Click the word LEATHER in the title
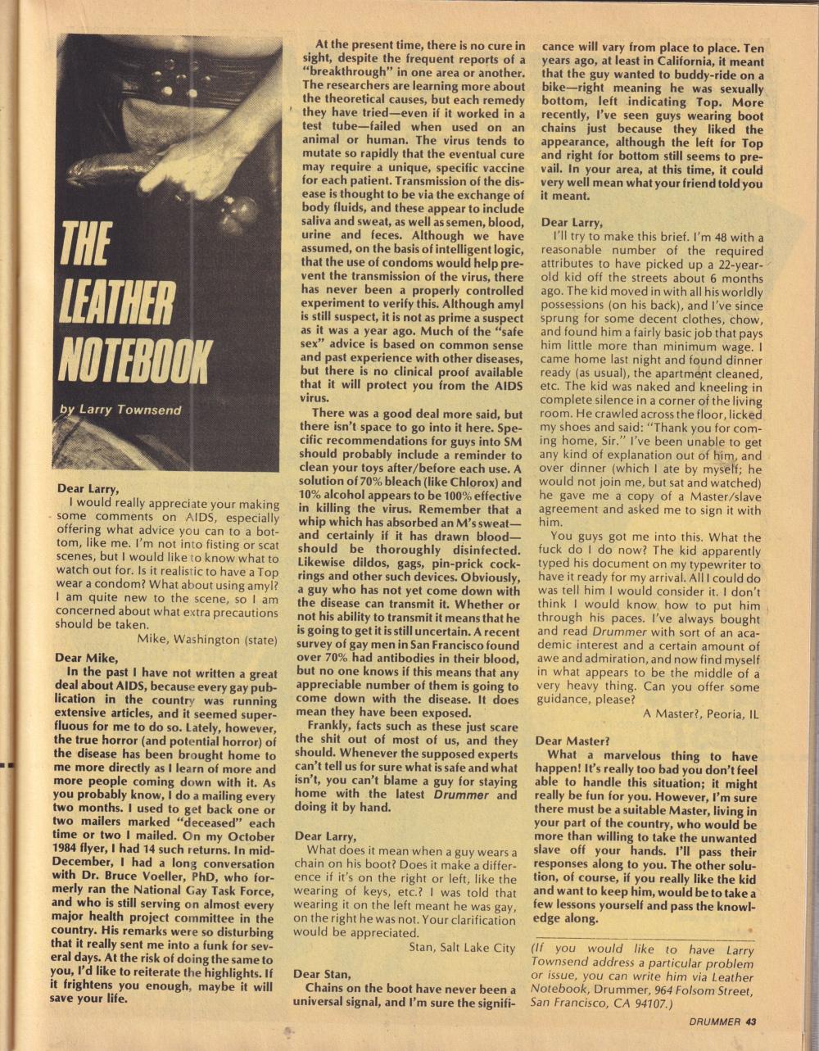point(119,304)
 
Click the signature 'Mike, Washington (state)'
point(207,639)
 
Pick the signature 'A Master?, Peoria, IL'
point(701,714)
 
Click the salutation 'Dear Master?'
point(572,741)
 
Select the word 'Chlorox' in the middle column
point(464,482)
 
